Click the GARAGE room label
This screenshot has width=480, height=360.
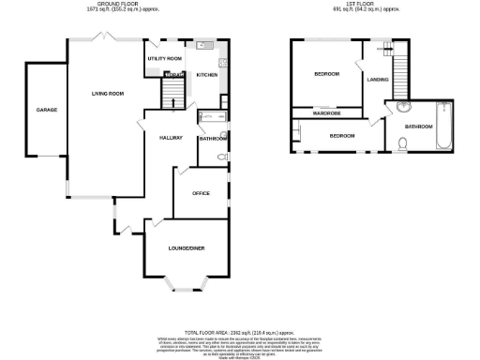pos(47,110)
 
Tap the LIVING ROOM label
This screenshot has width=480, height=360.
pos(108,94)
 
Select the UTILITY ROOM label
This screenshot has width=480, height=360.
pos(164,58)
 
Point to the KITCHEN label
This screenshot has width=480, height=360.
pos(207,76)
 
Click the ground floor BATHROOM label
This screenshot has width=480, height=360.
pos(213,139)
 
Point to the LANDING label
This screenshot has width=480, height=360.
pos(378,80)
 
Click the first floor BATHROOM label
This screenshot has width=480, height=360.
pos(418,126)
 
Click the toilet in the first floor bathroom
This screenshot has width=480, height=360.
pos(401,143)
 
